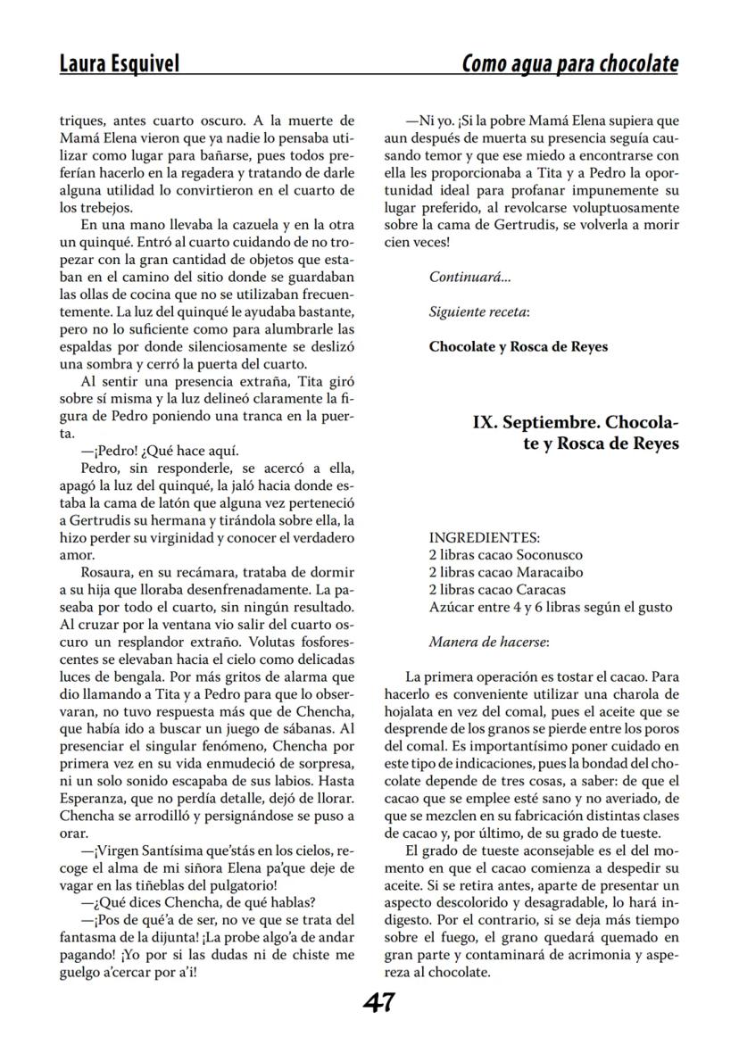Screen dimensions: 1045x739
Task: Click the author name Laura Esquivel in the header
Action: click(119, 64)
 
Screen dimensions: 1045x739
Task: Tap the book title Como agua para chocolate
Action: click(569, 64)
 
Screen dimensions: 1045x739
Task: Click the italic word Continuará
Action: click(469, 277)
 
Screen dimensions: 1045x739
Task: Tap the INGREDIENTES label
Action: click(484, 537)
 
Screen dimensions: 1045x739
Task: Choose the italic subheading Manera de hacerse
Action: click(488, 642)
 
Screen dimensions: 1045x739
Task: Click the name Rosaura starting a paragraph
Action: click(106, 573)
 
